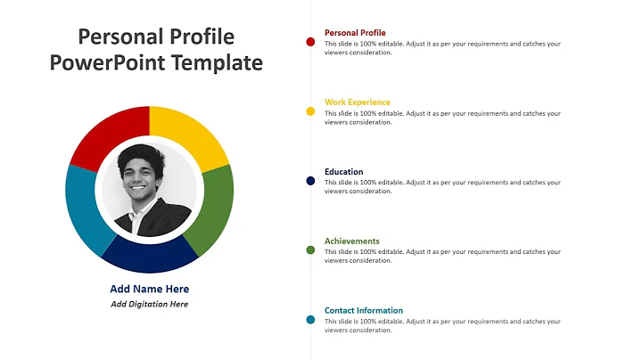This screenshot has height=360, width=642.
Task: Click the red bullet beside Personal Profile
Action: point(310,42)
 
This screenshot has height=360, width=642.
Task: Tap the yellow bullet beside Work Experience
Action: point(310,111)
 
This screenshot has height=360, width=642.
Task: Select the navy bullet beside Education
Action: point(310,181)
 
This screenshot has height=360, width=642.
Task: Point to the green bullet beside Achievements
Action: point(310,250)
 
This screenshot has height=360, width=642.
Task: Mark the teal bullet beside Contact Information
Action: point(310,320)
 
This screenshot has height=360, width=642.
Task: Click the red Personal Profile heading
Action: point(355,33)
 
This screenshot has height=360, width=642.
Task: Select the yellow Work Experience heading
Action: point(357,102)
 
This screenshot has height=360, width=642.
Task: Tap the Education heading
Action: point(343,172)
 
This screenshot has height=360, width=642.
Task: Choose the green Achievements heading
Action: point(351,241)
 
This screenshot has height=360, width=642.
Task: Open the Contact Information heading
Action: point(363,311)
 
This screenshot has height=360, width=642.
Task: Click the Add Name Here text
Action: point(149,289)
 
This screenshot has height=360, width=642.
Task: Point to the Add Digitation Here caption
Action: point(149,304)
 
